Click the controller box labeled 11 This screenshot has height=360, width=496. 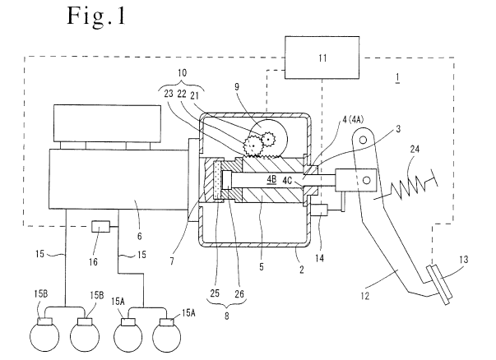(322, 58)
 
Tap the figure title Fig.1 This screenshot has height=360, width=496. (96, 16)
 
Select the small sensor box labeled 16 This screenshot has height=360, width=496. (100, 226)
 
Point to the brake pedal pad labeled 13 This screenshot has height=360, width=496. (439, 284)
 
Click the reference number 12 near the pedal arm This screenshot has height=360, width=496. (364, 296)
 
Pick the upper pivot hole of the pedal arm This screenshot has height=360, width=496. (363, 140)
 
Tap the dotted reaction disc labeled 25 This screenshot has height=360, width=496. (217, 181)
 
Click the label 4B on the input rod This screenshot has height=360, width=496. (271, 180)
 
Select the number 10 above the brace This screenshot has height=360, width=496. (182, 73)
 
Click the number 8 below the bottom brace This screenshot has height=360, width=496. (226, 316)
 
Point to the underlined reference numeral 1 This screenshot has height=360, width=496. (397, 77)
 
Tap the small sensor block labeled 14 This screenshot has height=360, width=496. (319, 210)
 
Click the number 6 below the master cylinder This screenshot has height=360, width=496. (140, 236)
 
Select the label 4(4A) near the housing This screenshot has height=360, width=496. (353, 120)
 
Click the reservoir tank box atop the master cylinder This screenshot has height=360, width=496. (107, 123)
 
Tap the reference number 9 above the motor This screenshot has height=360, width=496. (237, 86)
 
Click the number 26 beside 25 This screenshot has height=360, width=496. (239, 294)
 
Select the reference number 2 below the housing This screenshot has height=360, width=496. (301, 270)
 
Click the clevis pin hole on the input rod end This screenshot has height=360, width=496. (366, 180)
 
